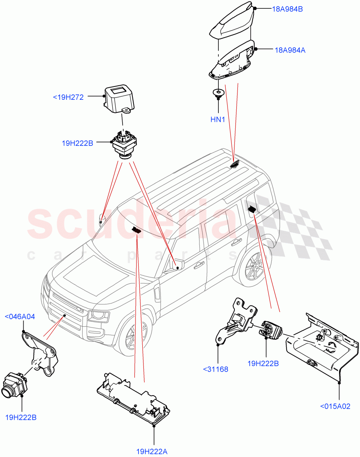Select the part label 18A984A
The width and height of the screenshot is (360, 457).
point(290,50)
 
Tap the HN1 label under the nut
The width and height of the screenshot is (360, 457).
point(218,120)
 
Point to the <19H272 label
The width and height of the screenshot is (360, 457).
point(68,97)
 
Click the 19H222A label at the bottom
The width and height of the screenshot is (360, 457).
point(152,452)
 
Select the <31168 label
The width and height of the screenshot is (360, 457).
point(215,369)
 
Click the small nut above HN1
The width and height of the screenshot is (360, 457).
point(218,93)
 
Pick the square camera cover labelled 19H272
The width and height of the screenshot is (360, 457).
point(119,97)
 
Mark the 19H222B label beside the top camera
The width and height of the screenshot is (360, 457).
point(77,144)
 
